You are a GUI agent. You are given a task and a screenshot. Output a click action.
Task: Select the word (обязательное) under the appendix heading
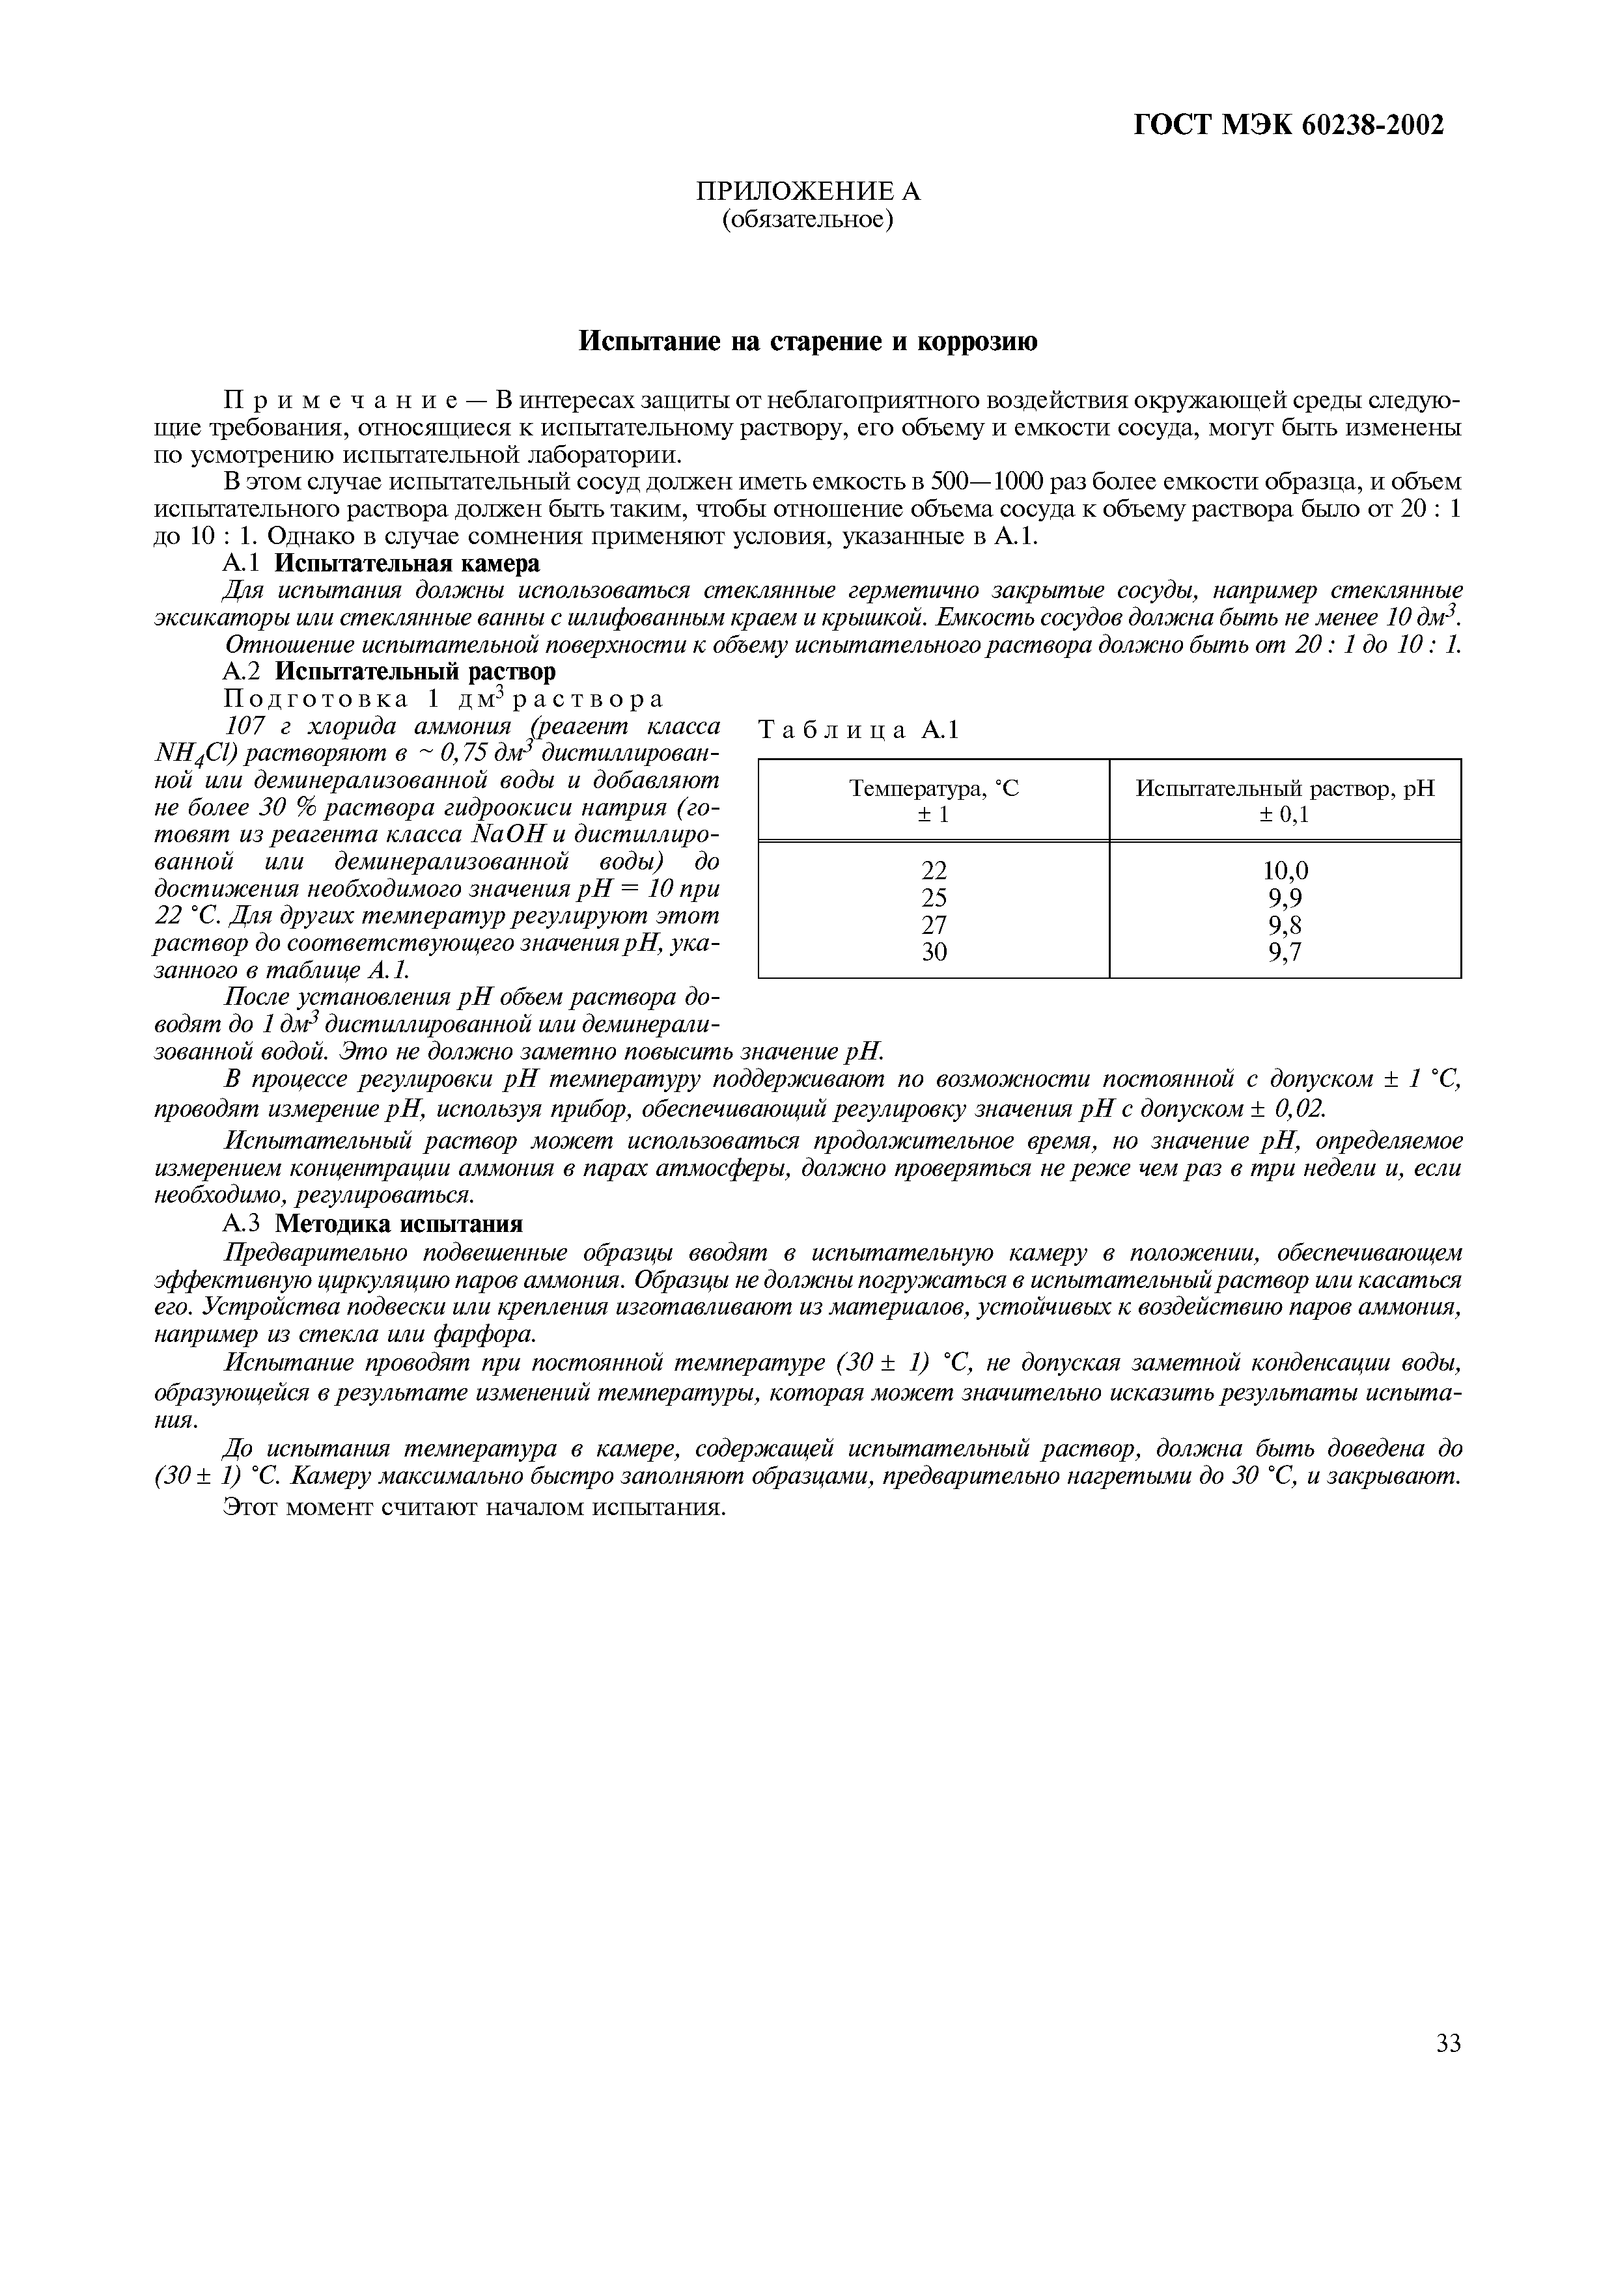tap(807, 219)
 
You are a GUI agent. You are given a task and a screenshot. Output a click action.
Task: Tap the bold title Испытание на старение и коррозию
tap(807, 342)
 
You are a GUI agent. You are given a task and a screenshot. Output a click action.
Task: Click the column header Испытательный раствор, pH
tap(1285, 789)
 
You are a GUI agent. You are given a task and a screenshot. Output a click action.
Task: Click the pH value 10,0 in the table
tap(1285, 871)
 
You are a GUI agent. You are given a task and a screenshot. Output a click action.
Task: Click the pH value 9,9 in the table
tap(1285, 898)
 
